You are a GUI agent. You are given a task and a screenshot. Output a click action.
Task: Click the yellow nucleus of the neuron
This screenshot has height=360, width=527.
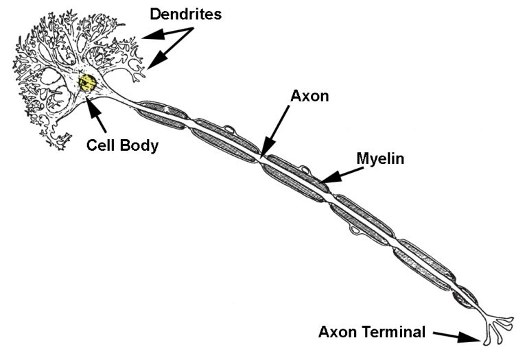(x=87, y=84)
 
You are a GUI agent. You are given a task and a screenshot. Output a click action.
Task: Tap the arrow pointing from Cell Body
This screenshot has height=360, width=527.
(x=98, y=117)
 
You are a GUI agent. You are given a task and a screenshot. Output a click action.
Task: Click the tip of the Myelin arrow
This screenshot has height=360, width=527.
(x=322, y=182)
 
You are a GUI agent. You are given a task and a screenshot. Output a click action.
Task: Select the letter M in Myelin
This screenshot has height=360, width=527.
(x=362, y=159)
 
